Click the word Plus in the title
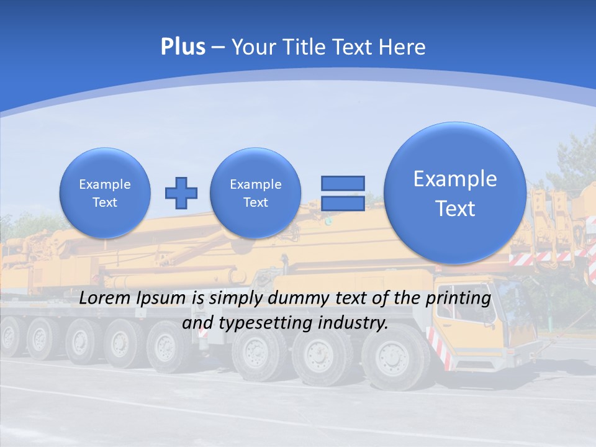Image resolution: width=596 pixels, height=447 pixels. (183, 47)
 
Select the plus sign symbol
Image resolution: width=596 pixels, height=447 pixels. (181, 193)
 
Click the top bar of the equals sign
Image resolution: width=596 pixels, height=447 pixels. (342, 183)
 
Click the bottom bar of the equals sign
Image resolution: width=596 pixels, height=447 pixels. (342, 204)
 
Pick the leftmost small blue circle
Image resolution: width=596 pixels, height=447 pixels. (105, 193)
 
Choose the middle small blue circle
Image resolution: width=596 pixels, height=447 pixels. (256, 193)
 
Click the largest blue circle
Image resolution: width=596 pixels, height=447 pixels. (455, 193)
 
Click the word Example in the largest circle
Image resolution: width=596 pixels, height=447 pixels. (455, 179)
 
